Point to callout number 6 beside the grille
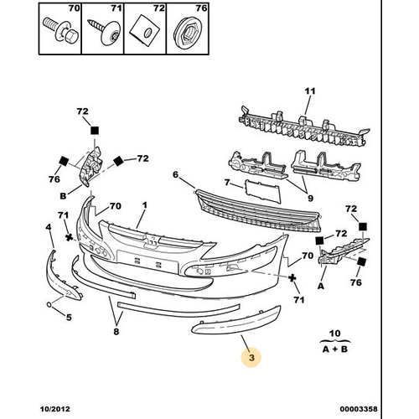(176, 175)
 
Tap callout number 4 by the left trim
(49, 227)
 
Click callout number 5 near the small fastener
(69, 317)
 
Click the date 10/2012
(56, 411)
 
